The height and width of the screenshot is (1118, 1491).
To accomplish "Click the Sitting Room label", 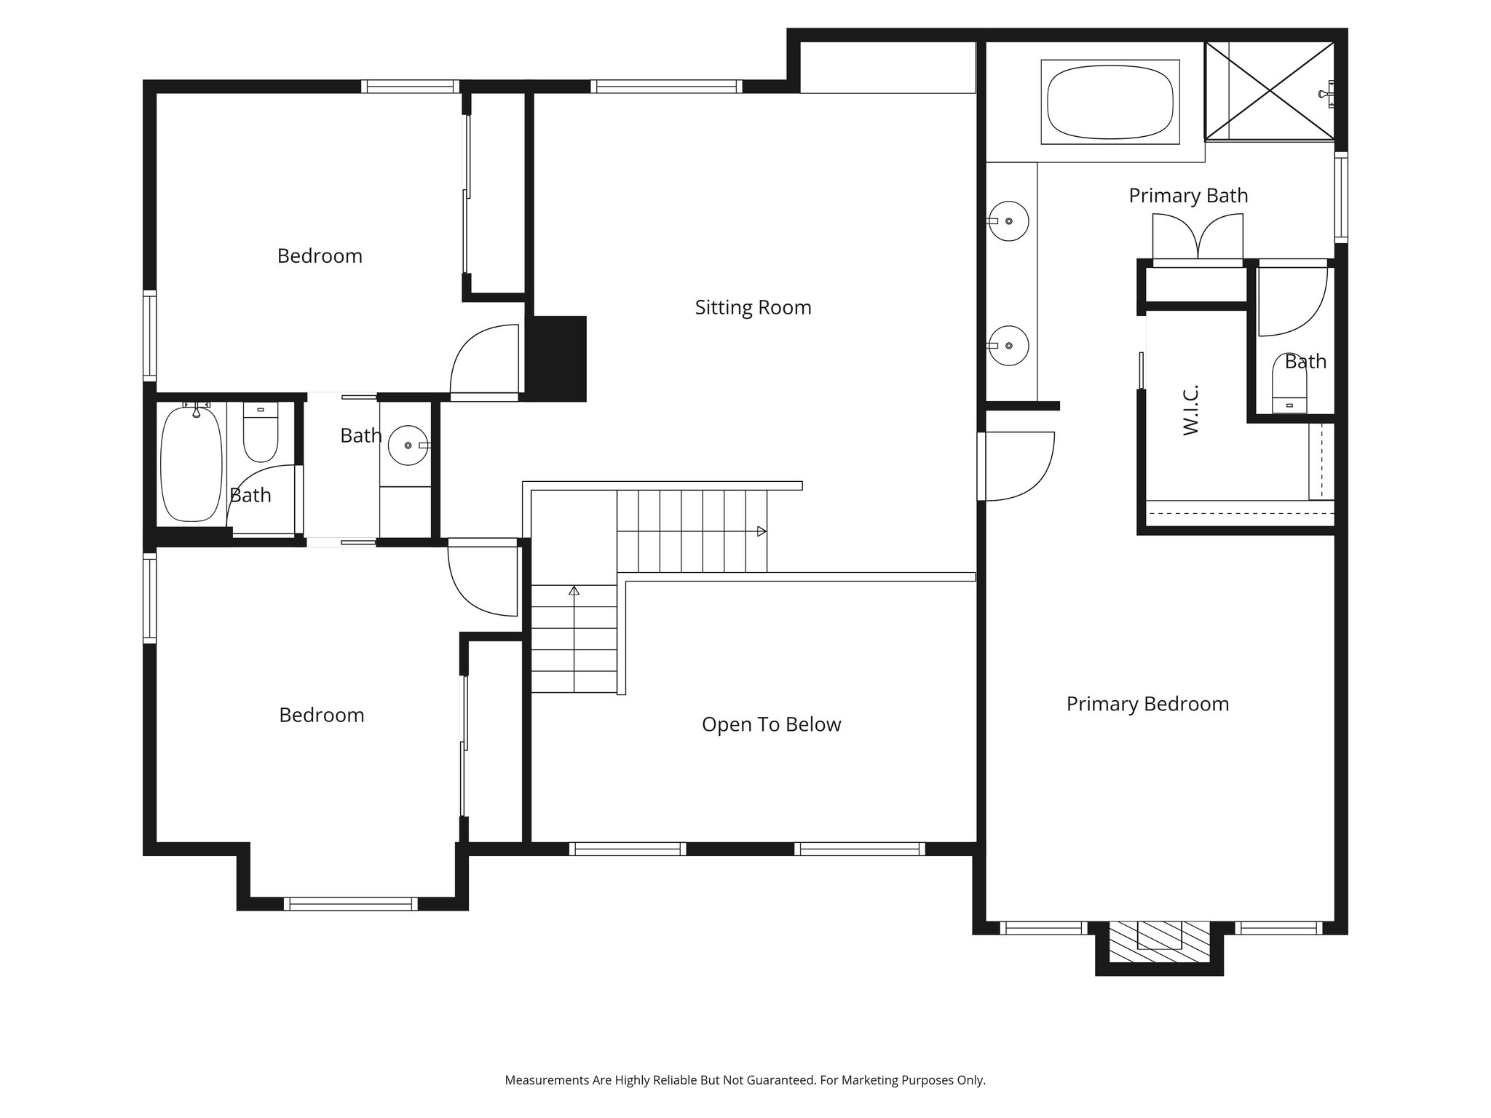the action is (753, 307).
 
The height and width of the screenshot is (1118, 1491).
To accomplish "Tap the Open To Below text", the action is (771, 724).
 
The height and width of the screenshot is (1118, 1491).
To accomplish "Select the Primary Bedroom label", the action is (1147, 704).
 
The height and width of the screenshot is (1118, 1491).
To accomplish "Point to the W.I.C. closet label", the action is (1191, 410).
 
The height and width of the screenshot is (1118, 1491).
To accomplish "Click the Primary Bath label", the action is (1188, 196).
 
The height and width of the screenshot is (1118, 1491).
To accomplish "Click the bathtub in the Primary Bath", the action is (1110, 102).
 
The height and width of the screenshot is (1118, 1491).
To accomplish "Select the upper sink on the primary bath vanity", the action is (1009, 221).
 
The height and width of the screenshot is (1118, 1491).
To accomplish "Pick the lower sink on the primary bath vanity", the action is (1009, 346).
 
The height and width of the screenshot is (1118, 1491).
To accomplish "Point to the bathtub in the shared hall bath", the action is (191, 463).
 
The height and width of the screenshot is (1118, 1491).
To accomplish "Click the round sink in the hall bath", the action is (408, 445).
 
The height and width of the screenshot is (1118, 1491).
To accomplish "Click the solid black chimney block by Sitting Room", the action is (560, 358).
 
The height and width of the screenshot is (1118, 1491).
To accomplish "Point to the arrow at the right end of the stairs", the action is (762, 531).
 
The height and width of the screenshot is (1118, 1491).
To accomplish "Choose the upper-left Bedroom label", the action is (320, 256).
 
